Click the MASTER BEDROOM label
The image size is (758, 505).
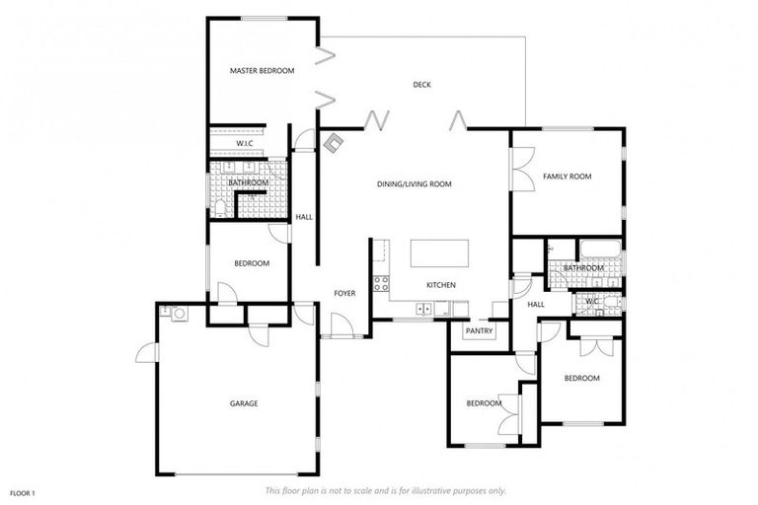[262, 71]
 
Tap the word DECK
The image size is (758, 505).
[421, 85]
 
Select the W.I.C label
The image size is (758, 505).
[246, 144]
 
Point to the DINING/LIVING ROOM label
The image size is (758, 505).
[414, 184]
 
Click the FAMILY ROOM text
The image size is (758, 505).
[567, 177]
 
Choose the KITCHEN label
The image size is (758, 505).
[440, 285]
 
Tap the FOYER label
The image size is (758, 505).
[344, 293]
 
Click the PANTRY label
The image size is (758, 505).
[479, 331]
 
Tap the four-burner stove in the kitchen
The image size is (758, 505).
[380, 286]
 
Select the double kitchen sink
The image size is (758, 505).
[423, 309]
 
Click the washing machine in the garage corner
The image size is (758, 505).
[179, 315]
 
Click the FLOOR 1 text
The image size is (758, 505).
[23, 492]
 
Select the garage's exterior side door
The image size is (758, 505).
[148, 350]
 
